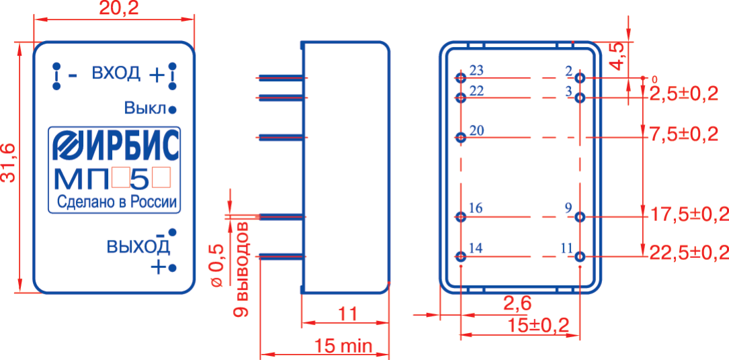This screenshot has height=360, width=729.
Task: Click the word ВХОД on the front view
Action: [x=116, y=73]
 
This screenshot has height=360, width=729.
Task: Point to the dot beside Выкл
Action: [x=172, y=110]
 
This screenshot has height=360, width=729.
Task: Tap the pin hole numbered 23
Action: [x=461, y=77]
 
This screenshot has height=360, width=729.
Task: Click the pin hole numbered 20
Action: [x=461, y=138]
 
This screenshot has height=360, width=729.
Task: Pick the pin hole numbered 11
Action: [x=579, y=257]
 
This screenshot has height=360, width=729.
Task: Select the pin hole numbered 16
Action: [x=461, y=216]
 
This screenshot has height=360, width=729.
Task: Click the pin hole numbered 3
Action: [x=579, y=98]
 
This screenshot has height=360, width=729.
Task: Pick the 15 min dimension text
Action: [x=343, y=346]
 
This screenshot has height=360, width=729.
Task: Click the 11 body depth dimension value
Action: [x=347, y=314]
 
